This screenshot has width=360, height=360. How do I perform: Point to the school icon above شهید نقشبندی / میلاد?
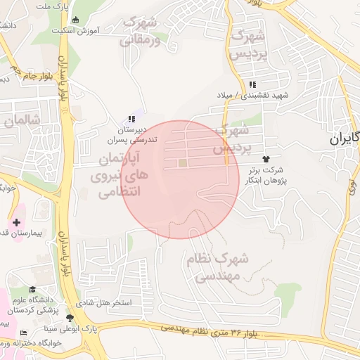(252, 84)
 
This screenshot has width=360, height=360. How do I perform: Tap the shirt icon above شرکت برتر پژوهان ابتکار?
(266, 160)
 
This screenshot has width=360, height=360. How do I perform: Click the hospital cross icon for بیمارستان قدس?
(16, 222)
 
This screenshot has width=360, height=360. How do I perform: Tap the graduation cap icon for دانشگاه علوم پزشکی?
(31, 289)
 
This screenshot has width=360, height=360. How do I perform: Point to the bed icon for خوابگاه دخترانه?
(23, 333)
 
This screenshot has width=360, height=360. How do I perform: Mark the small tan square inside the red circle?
(183, 163)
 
